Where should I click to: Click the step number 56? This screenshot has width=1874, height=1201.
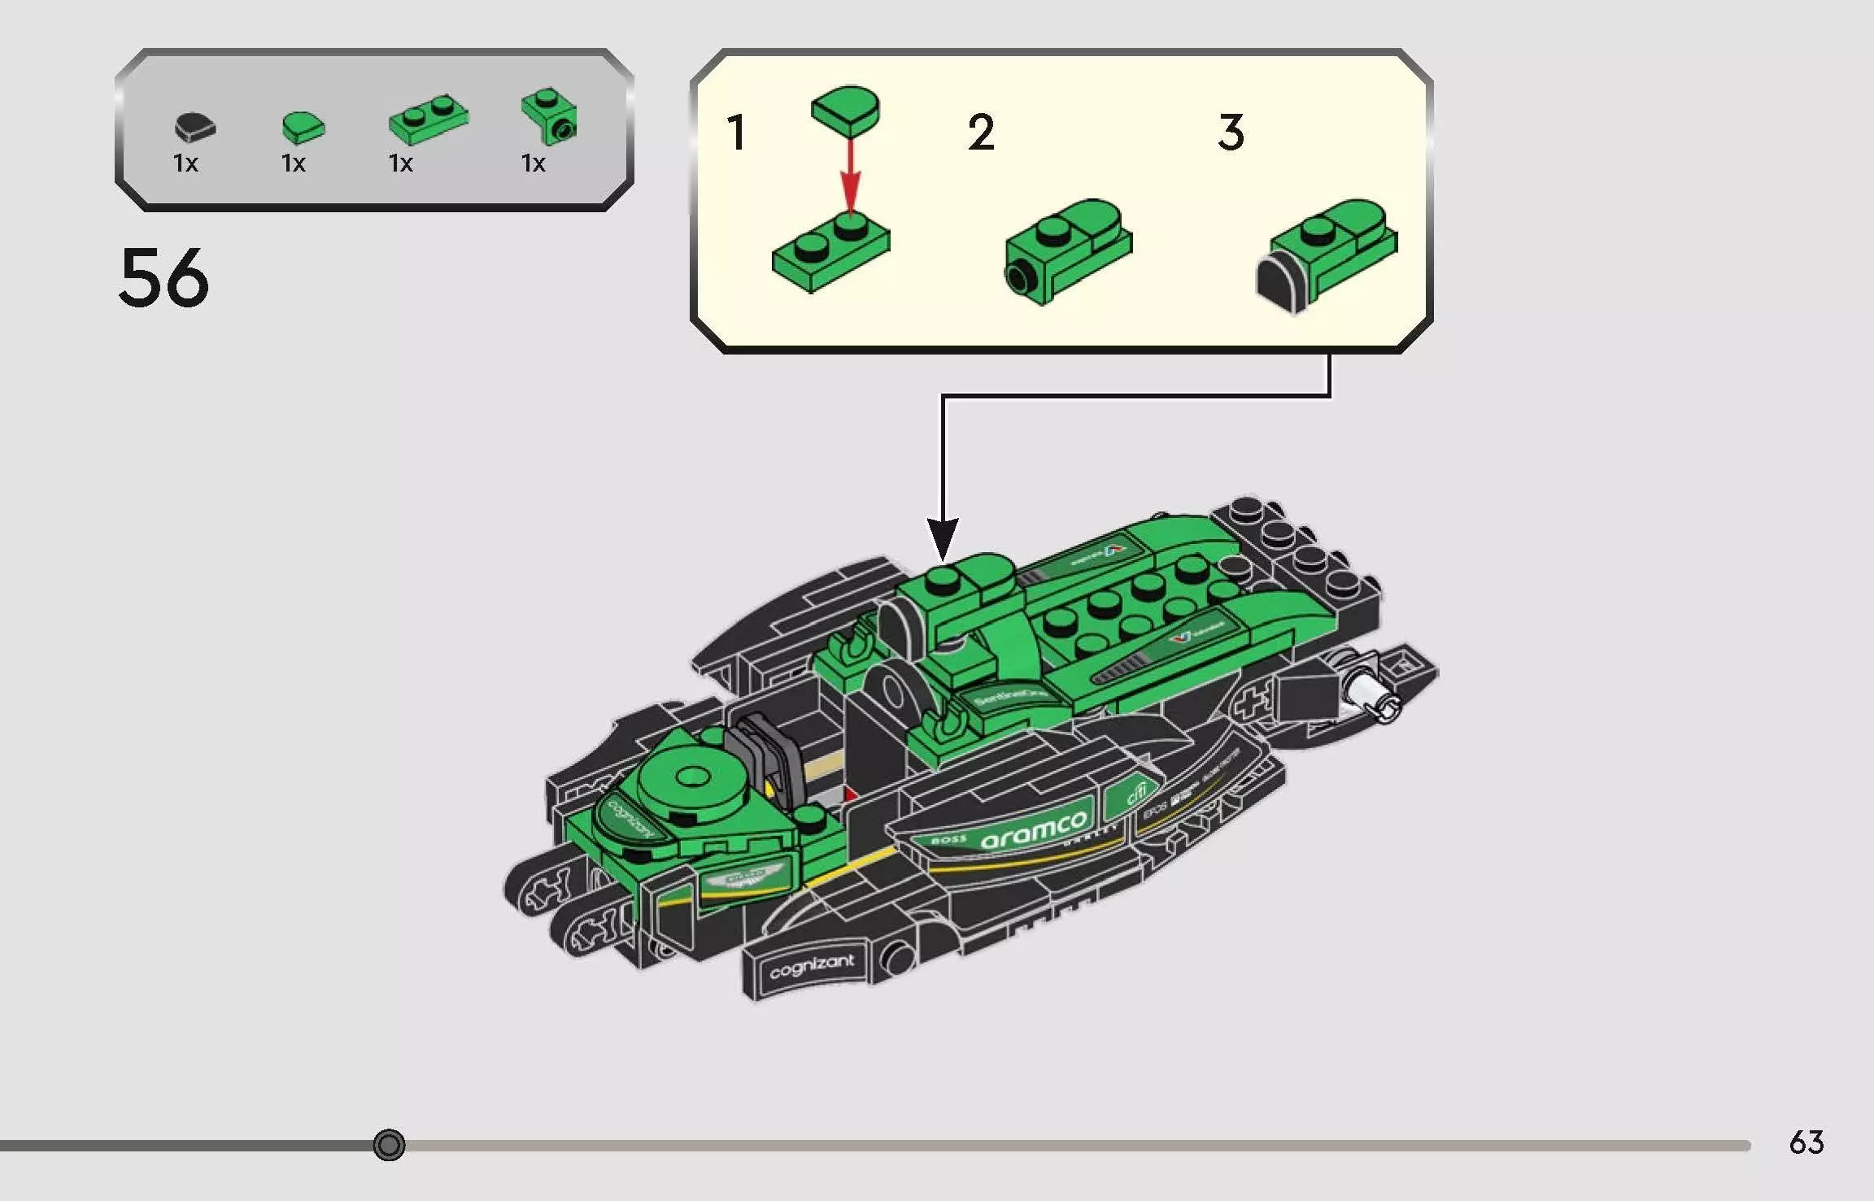(x=163, y=278)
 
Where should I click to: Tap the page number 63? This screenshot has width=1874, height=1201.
(x=1806, y=1142)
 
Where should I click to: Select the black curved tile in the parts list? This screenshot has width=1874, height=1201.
(x=194, y=127)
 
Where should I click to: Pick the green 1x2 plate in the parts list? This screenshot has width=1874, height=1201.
(x=428, y=121)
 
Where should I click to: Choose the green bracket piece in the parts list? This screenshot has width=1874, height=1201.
(x=550, y=116)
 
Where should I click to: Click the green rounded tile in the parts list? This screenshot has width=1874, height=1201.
(x=303, y=127)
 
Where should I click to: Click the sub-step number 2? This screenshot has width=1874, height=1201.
(x=981, y=133)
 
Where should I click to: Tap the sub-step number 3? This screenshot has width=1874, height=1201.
(x=1231, y=133)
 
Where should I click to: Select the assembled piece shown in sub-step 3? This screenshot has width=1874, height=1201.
(x=1326, y=252)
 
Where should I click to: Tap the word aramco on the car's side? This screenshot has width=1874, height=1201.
(x=1033, y=829)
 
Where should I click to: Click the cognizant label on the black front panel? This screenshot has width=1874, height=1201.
(x=811, y=967)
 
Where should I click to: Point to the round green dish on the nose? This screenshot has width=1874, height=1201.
(x=692, y=779)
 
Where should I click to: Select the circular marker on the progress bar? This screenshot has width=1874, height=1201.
(x=389, y=1145)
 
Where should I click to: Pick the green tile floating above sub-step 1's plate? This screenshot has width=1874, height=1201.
(x=846, y=111)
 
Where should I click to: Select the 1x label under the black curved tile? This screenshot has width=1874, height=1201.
(x=185, y=163)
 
